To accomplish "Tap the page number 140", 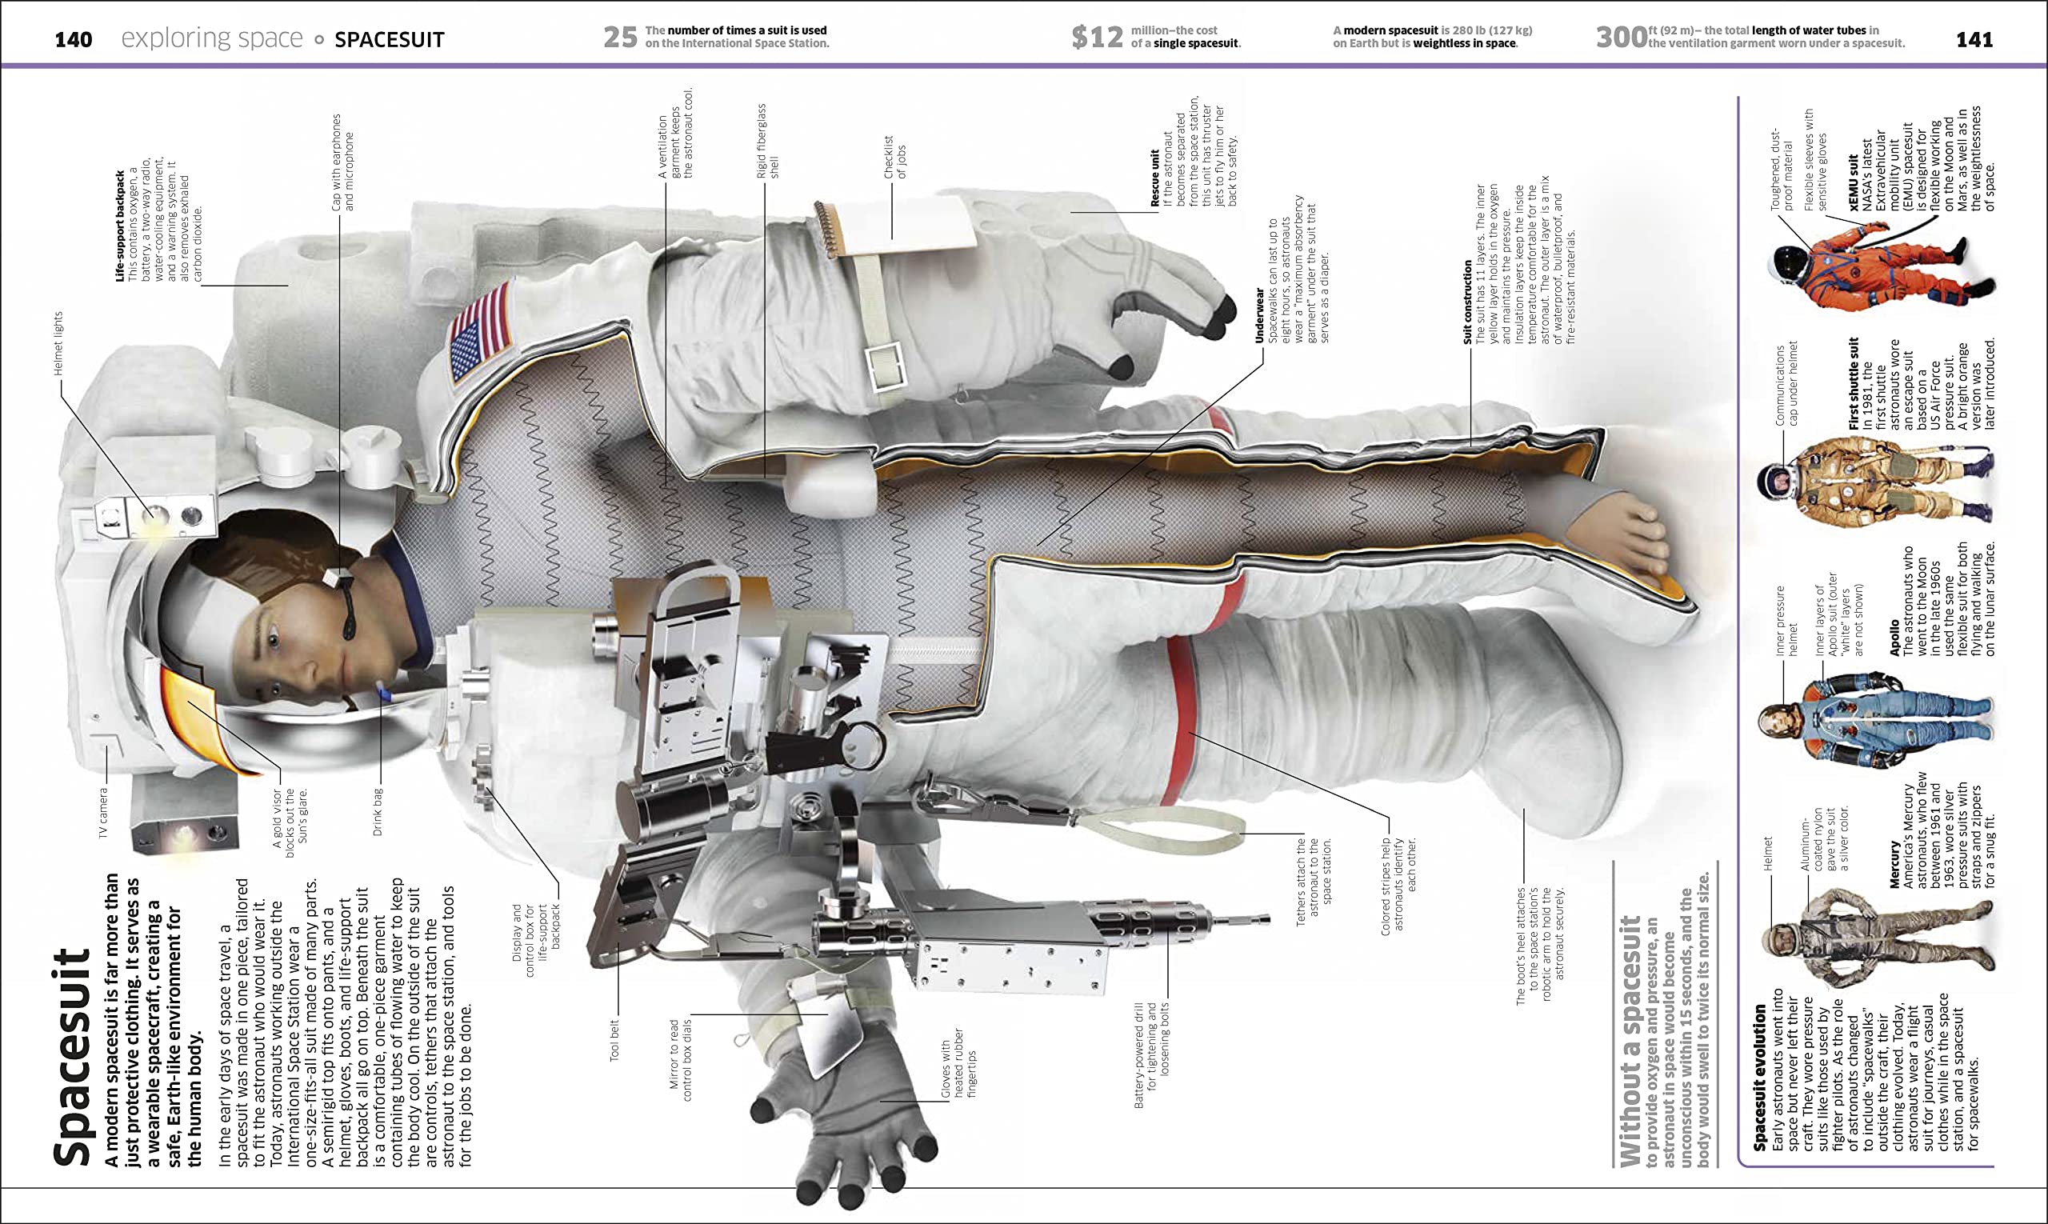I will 73,39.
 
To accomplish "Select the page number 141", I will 1974,39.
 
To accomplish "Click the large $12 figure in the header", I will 1096,37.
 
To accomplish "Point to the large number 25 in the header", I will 620,37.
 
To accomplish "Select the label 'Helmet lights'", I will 58,343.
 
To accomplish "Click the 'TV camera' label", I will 103,813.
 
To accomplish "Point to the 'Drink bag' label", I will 378,812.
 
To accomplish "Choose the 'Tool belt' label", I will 614,1040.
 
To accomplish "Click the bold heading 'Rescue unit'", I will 1154,178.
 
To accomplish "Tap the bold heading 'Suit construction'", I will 1466,302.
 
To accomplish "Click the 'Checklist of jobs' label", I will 894,157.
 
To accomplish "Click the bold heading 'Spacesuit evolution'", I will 1759,1076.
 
